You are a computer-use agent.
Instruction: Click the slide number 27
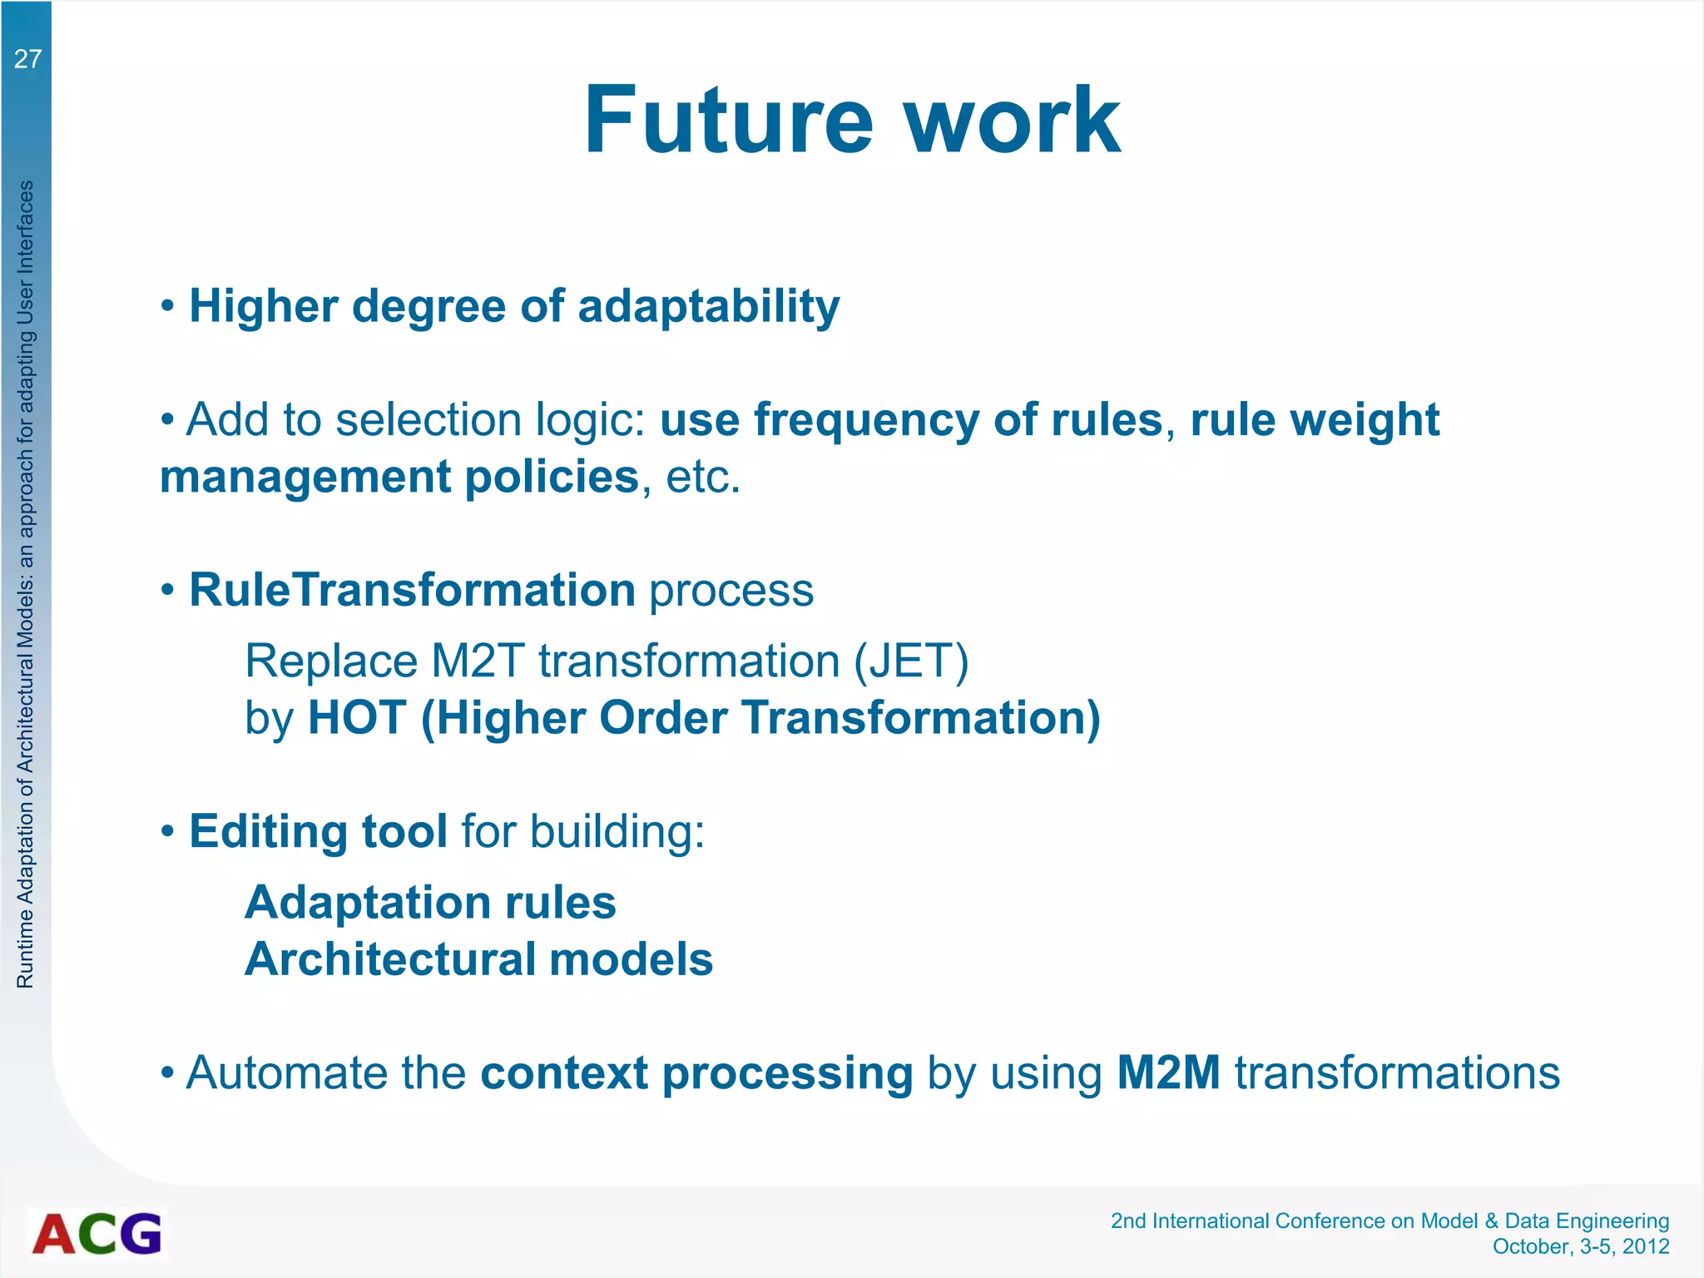27,59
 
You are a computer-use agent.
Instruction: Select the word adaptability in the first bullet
708,307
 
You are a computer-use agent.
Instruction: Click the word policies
551,477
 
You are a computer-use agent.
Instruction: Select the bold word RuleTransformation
412,590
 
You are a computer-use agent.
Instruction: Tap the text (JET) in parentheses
911,661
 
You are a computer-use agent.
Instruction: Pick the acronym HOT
357,717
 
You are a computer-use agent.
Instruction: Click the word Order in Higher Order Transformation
662,717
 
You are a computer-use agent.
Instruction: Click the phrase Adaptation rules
429,903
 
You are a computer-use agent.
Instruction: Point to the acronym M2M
1167,1072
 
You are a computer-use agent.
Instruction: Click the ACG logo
97,1233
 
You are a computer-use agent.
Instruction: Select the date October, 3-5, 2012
1580,1246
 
